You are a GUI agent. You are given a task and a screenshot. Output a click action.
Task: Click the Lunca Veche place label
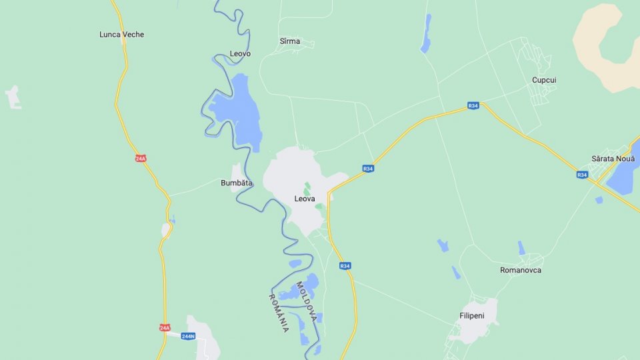click(121, 35)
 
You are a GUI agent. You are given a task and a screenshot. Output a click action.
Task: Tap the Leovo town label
click(240, 53)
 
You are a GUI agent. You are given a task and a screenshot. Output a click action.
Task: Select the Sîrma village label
click(290, 41)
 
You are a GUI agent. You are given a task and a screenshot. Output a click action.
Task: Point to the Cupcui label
click(544, 80)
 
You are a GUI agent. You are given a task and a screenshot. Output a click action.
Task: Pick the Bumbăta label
click(237, 183)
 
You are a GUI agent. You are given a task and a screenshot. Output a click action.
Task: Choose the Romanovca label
click(521, 270)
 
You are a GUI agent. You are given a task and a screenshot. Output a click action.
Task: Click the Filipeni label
click(471, 315)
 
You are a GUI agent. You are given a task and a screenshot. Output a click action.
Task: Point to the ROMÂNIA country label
click(279, 313)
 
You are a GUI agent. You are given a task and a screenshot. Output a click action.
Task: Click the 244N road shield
click(188, 336)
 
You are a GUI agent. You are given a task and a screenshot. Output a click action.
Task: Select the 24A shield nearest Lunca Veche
click(140, 158)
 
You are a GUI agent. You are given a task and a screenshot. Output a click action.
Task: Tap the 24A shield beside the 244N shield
click(165, 327)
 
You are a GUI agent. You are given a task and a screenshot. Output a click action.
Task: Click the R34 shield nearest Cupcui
click(473, 105)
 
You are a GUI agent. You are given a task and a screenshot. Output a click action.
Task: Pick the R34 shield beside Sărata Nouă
click(582, 175)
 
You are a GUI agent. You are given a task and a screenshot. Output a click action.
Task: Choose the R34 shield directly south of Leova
click(345, 265)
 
